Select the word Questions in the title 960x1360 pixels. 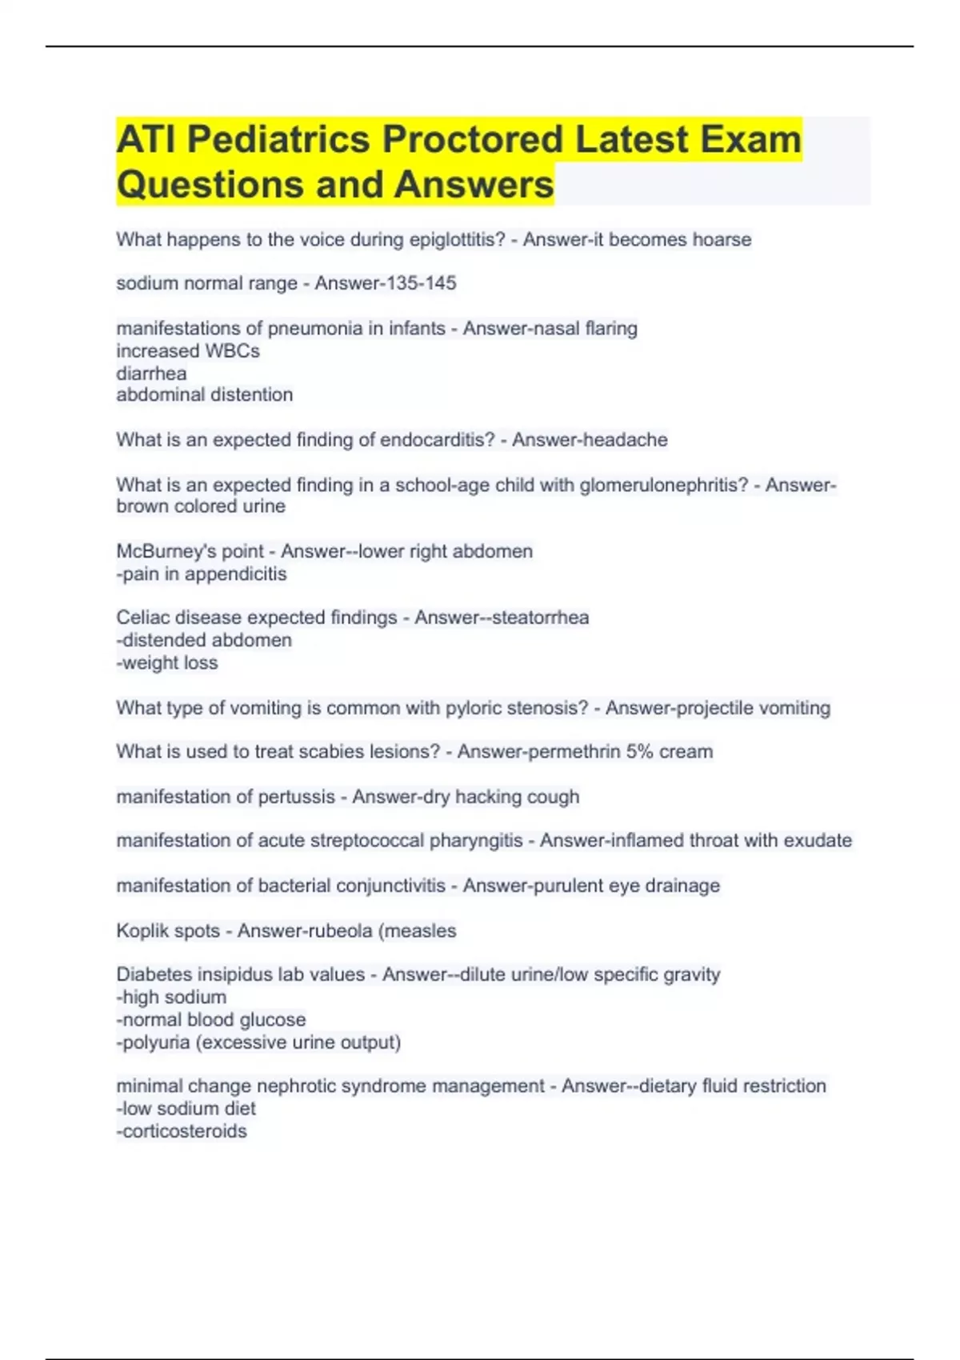click(x=210, y=185)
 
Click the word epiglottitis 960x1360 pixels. click(x=457, y=240)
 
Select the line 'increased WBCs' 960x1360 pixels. click(x=188, y=351)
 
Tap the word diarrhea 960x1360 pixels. click(x=151, y=374)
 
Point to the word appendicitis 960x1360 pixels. click(x=235, y=574)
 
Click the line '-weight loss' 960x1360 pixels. click(x=167, y=663)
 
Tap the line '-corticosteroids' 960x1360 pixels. click(x=182, y=1131)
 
